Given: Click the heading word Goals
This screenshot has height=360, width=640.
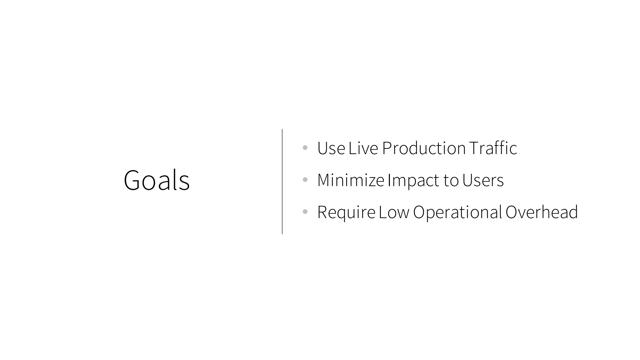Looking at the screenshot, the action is tap(156, 180).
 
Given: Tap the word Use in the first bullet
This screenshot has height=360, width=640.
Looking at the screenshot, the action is tap(331, 148).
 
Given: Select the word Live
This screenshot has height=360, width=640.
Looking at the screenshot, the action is tap(363, 148).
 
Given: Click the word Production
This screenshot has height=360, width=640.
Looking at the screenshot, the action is tap(424, 148).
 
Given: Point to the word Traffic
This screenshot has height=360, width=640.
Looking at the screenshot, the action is tap(493, 148).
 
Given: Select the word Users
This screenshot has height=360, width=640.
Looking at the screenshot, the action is tap(483, 180).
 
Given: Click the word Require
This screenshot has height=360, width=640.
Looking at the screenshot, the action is tap(346, 213).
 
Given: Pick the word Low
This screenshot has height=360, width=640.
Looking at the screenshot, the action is tap(394, 212).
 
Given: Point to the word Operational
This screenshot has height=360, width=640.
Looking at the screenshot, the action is tap(458, 213).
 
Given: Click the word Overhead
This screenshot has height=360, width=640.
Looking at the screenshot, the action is tap(542, 212).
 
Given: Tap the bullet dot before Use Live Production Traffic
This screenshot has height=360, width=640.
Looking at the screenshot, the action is tap(305, 147).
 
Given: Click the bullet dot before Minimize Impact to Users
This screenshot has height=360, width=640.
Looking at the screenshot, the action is tap(305, 179).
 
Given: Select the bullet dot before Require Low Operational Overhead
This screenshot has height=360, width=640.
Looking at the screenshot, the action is tap(305, 212).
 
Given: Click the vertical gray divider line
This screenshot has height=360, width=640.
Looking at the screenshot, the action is tap(282, 182).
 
